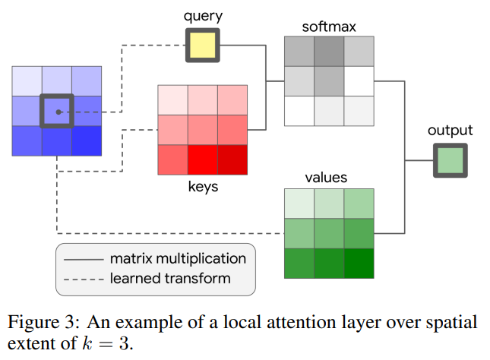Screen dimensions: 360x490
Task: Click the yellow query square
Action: tap(203, 46)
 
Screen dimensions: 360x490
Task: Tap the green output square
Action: tap(450, 160)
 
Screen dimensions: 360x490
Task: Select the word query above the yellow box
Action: tap(202, 16)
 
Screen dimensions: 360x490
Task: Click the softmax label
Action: tap(328, 27)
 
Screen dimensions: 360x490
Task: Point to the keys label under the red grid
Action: tap(202, 186)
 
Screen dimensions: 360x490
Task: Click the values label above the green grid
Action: tap(326, 178)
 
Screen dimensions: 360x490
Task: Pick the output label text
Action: tap(450, 131)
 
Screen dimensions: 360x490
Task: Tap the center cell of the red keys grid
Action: tap(203, 129)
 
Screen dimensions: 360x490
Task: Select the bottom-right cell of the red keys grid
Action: tap(232, 159)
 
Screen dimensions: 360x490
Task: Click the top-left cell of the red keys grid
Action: tap(172, 99)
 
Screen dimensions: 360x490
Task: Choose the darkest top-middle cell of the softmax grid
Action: tap(328, 51)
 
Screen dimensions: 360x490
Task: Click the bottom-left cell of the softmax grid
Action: tap(299, 110)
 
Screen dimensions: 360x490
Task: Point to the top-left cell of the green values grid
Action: tap(299, 204)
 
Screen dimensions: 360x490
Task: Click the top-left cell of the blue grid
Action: tap(27, 81)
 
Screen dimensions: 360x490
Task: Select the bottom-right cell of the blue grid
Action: tap(87, 141)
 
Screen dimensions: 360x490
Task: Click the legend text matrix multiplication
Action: tap(178, 259)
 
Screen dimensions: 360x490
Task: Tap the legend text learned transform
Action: tap(169, 278)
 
